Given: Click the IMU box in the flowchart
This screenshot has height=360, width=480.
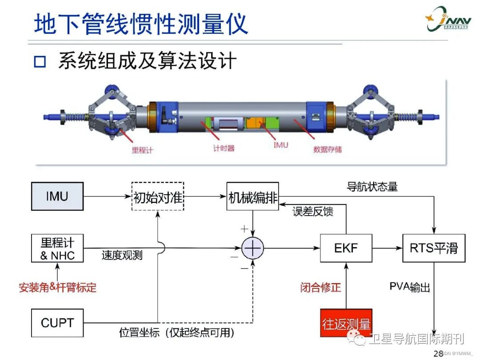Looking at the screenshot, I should click(57, 196).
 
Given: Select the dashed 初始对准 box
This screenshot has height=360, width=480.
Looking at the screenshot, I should click(158, 196).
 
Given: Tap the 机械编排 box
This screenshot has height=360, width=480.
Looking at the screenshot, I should click(252, 196).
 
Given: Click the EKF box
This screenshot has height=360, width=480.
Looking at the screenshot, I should click(346, 247).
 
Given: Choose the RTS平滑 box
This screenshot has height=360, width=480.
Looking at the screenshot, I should click(433, 247).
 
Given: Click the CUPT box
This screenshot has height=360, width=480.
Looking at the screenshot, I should click(57, 322).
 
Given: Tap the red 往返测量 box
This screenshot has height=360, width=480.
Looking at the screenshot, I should click(346, 323).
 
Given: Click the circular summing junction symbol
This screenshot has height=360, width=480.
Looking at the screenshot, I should click(252, 248).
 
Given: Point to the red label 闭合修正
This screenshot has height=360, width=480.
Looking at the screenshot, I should click(320, 287).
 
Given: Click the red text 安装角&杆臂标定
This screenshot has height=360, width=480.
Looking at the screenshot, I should click(57, 287).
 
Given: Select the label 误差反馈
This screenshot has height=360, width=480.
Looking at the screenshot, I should click(313, 212).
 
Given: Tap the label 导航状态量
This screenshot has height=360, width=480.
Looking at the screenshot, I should click(372, 187).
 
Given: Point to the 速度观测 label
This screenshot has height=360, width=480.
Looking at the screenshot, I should click(122, 256).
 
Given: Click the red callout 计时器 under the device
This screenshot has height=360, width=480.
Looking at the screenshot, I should click(224, 148).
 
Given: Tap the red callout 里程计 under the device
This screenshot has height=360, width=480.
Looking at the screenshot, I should click(142, 150).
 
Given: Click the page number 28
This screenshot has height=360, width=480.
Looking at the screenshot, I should click(438, 353).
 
